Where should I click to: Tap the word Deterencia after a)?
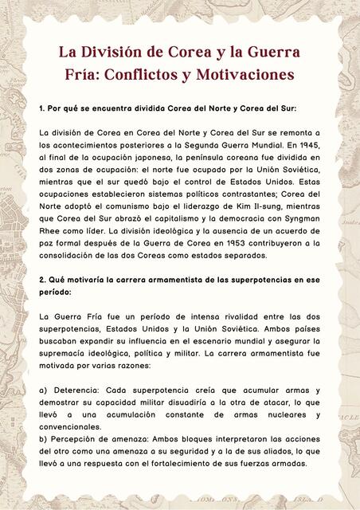(x=76, y=390)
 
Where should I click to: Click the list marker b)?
(x=44, y=438)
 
